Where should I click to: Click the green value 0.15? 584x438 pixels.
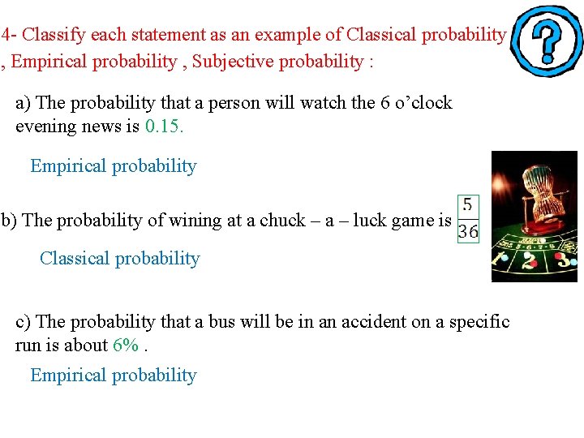165,127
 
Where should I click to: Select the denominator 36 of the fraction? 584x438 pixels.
468,232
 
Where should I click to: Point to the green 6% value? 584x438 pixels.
126,345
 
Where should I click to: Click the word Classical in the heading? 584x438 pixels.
383,35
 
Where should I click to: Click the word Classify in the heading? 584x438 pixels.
56,35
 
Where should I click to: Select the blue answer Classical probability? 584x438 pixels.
119,259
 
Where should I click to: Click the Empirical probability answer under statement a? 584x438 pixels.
113,166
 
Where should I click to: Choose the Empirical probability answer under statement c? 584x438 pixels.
113,376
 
